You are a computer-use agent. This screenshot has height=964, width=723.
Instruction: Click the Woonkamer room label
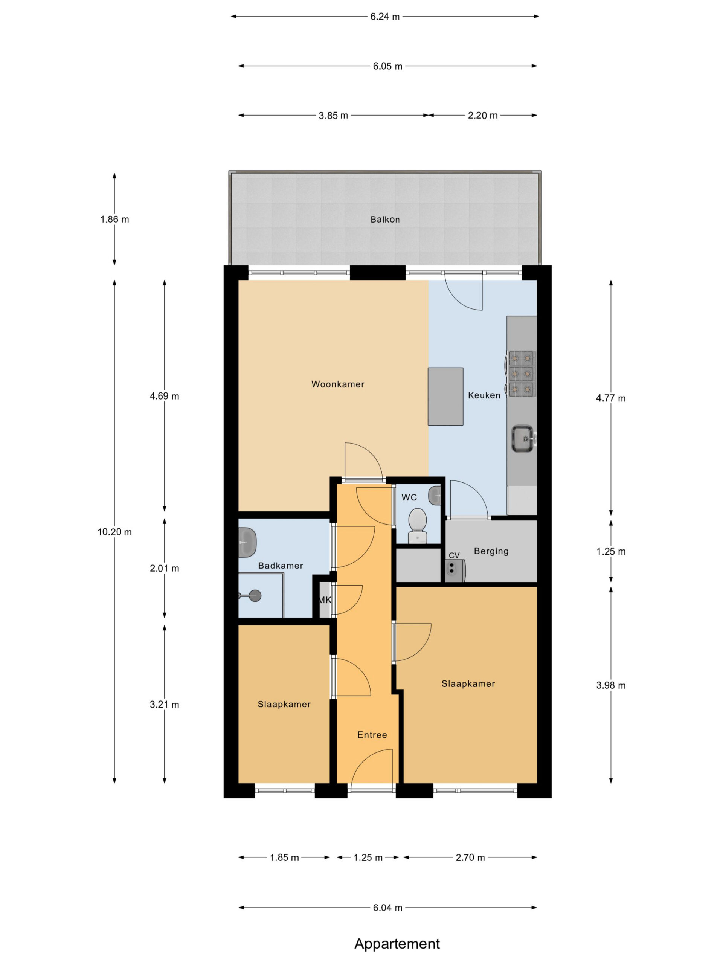click(x=338, y=384)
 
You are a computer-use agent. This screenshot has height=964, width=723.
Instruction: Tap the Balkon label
click(x=385, y=219)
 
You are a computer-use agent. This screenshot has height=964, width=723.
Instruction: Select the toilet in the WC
click(x=418, y=525)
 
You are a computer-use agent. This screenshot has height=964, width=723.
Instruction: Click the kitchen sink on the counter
click(x=523, y=438)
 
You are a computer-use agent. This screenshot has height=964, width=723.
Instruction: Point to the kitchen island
click(x=445, y=396)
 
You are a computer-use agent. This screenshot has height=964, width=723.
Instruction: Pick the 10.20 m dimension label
click(x=114, y=532)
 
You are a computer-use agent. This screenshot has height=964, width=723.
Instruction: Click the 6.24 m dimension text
click(x=385, y=17)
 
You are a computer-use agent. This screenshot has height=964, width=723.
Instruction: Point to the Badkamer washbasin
click(x=247, y=542)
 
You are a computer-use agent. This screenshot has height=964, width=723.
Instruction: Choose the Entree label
click(x=372, y=735)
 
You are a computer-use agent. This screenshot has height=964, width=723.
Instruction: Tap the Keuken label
click(x=484, y=395)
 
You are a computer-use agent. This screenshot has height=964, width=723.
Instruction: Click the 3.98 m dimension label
click(x=610, y=685)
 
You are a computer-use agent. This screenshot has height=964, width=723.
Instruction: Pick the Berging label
click(x=491, y=551)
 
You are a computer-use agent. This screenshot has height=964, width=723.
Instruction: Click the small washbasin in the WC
click(x=435, y=496)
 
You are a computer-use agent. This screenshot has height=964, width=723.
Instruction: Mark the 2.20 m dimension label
click(x=483, y=116)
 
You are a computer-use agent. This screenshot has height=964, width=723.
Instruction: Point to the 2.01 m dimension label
click(x=164, y=568)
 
